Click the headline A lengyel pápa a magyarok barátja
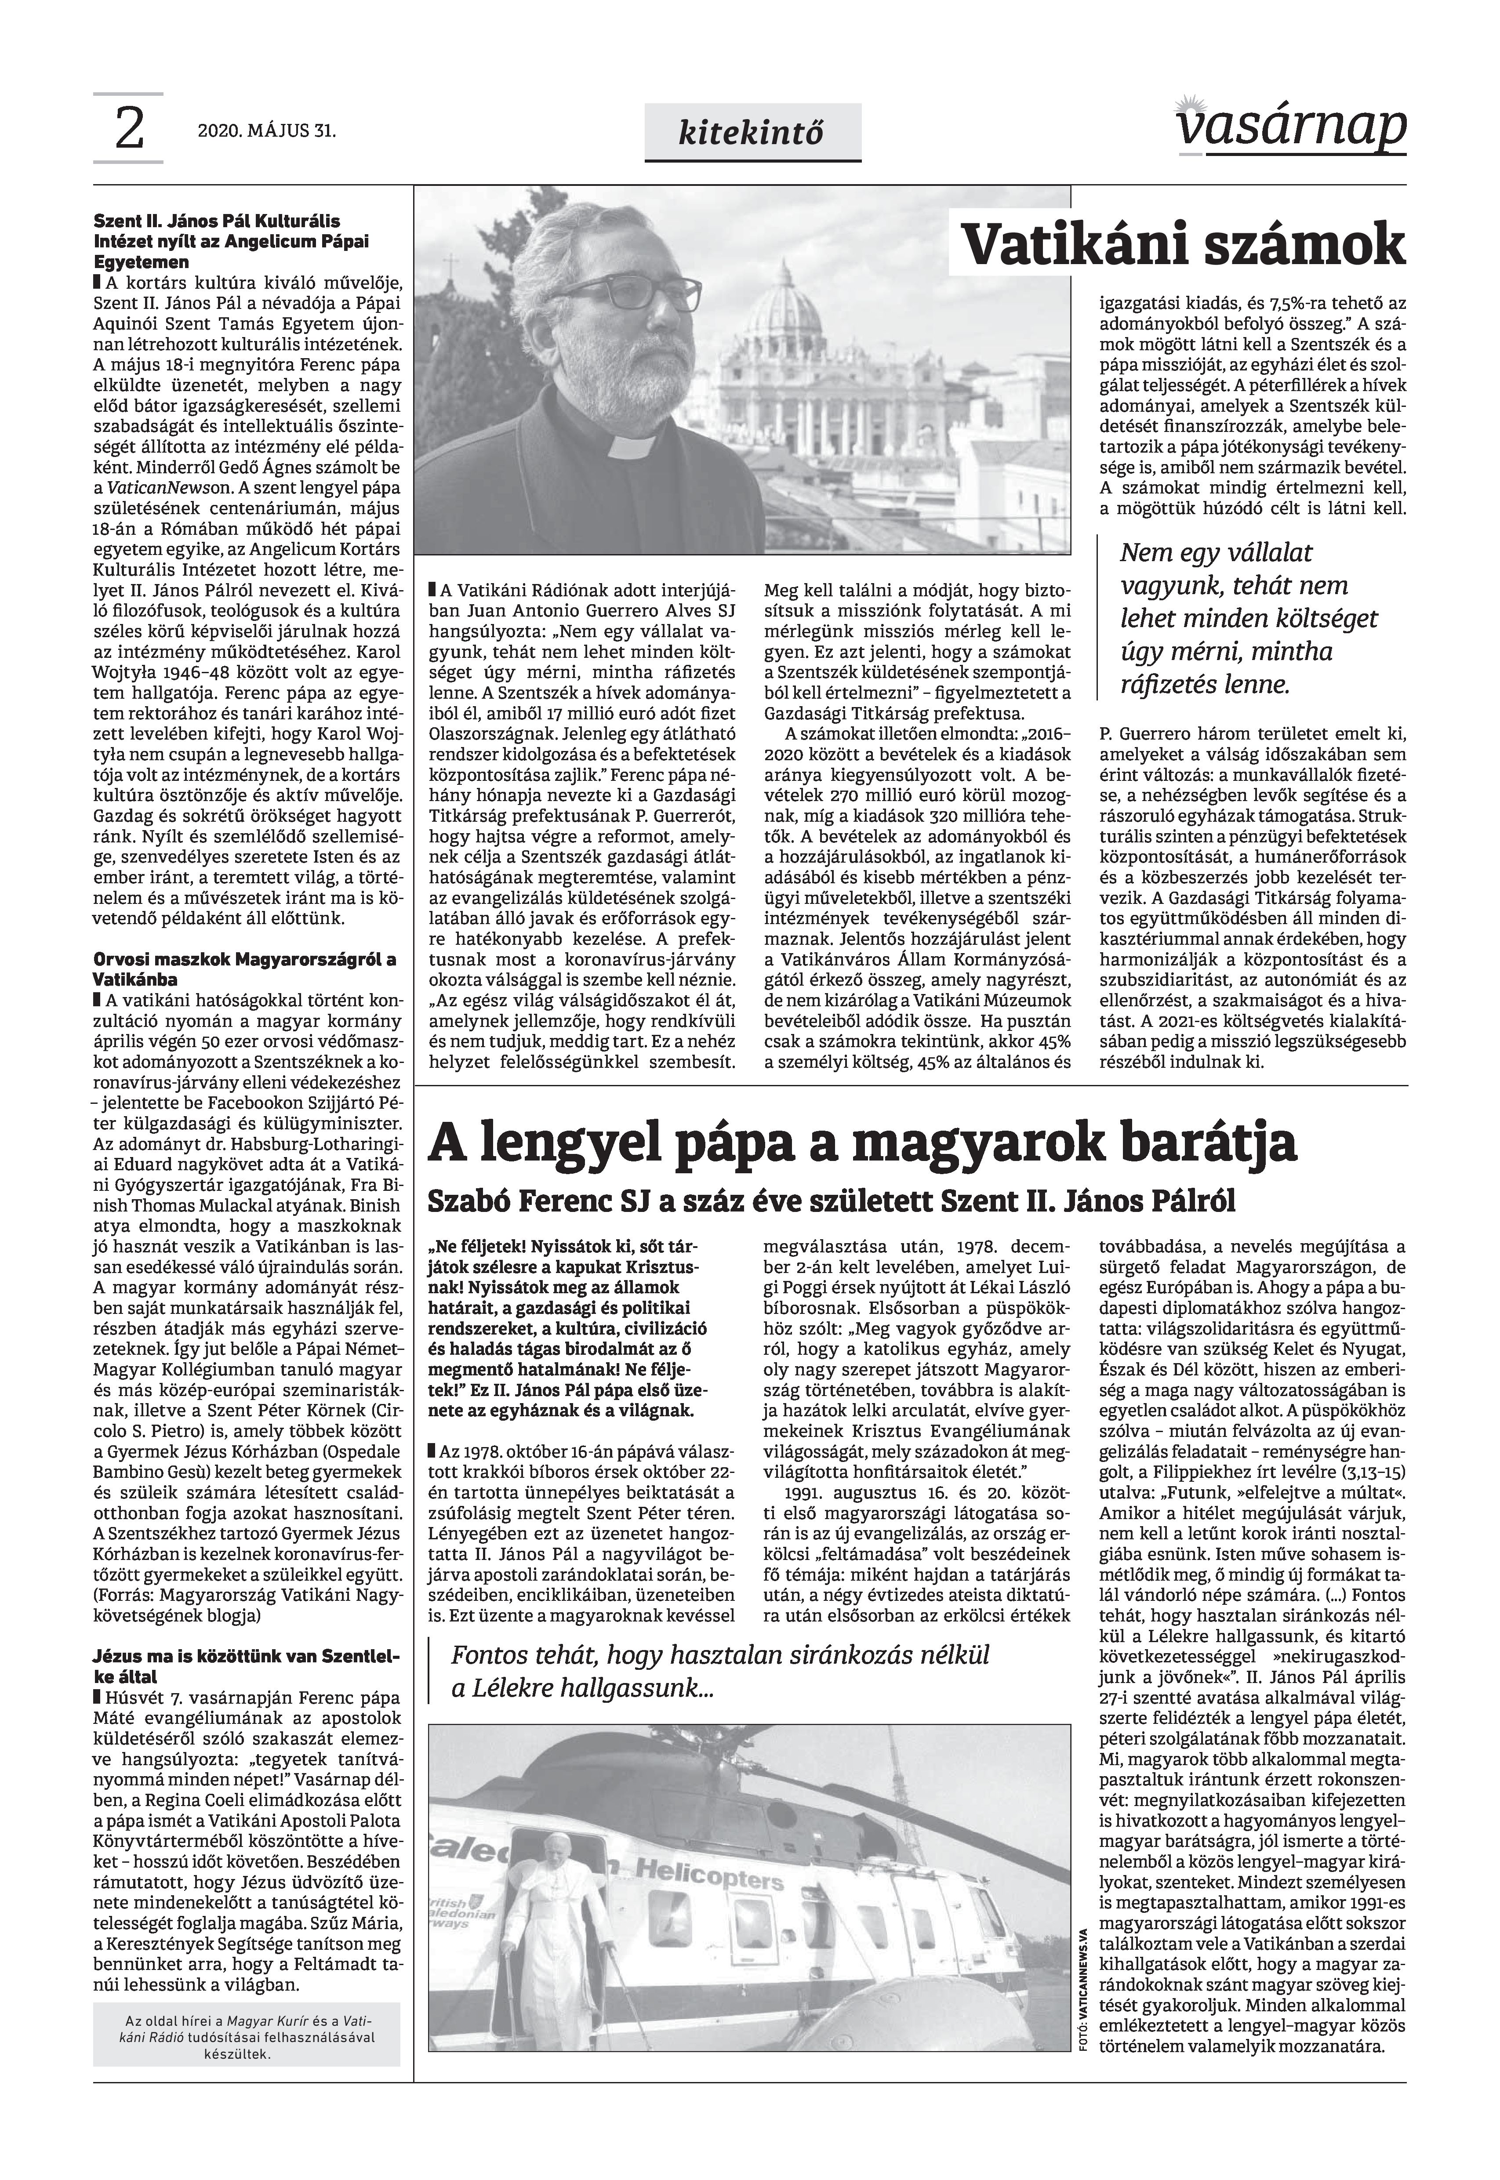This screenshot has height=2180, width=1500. [x=862, y=1143]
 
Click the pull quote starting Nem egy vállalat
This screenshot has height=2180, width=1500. [x=1248, y=618]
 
